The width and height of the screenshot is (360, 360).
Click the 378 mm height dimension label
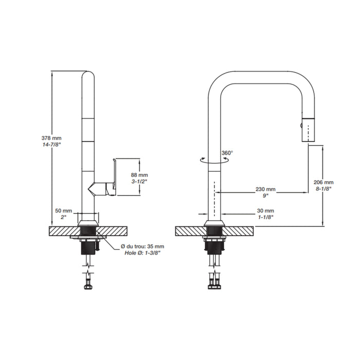click(x=51, y=138)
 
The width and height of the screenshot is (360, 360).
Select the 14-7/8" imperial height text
click(x=51, y=145)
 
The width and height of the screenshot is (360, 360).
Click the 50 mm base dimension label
click(x=64, y=211)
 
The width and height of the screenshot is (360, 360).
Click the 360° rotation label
click(x=227, y=153)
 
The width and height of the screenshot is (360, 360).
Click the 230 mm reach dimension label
click(x=266, y=189)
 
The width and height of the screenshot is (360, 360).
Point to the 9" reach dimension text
click(x=266, y=195)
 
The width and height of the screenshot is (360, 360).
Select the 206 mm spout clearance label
click(x=323, y=182)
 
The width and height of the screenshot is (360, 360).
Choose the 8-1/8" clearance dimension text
click(x=323, y=189)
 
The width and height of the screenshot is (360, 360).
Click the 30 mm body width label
click(x=266, y=211)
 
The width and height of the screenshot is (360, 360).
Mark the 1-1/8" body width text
click(x=266, y=218)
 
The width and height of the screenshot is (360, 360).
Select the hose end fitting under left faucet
click(x=87, y=283)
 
